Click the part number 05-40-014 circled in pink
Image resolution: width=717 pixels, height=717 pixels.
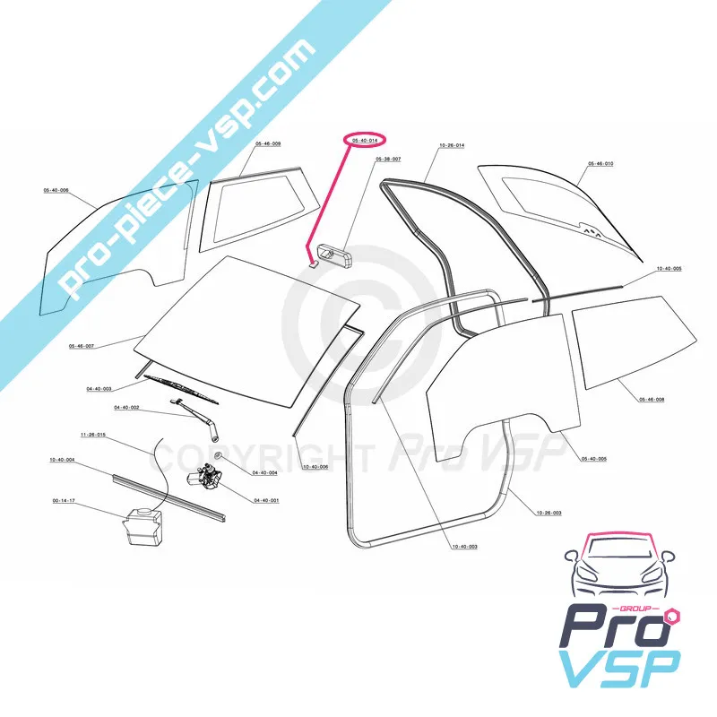point(364,141)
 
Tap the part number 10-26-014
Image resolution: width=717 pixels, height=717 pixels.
point(451,144)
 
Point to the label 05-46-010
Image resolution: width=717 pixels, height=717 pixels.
point(600,164)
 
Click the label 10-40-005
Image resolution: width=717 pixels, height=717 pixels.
point(669,269)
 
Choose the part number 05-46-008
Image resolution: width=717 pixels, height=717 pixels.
point(652,400)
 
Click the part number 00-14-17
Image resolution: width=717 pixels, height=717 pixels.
point(63,502)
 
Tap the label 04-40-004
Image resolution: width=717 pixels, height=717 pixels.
point(264,472)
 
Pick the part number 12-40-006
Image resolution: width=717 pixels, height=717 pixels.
point(315,467)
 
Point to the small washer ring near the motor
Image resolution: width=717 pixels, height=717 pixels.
point(220,458)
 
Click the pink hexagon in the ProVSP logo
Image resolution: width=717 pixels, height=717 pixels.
point(674,618)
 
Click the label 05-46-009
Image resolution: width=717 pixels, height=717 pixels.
point(268,144)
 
